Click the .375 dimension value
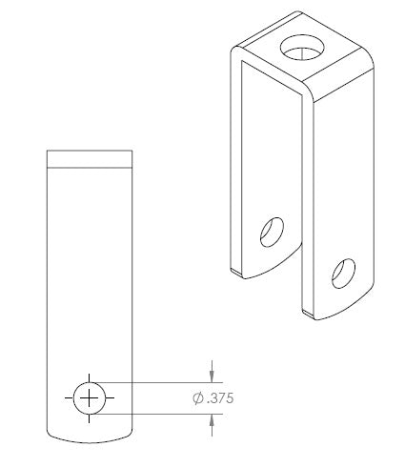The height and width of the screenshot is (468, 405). pos(220,398)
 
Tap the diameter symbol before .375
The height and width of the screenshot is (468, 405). pos(198,398)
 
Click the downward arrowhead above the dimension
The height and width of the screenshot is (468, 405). pos(212,377)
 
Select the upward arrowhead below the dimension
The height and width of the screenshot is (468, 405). pos(212,420)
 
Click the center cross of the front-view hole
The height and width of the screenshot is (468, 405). pos(89,397)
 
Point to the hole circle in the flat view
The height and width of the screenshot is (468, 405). pos(73,397)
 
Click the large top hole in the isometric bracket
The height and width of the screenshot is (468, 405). pos(302,48)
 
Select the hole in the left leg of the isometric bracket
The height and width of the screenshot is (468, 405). pos(272,232)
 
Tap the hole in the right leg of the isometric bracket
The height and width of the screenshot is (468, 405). pos(343,274)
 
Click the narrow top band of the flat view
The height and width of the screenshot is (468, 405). pos(90,158)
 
